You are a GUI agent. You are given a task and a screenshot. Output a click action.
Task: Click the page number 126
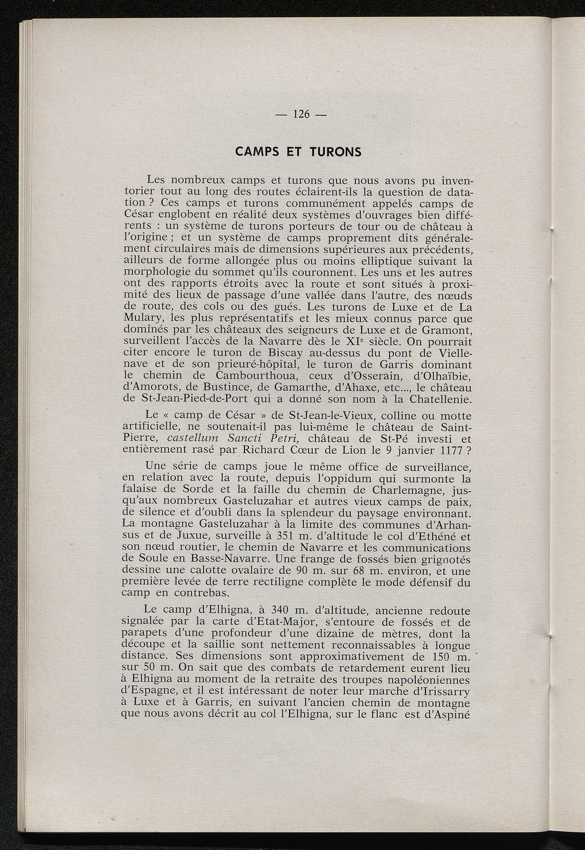(300, 114)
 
